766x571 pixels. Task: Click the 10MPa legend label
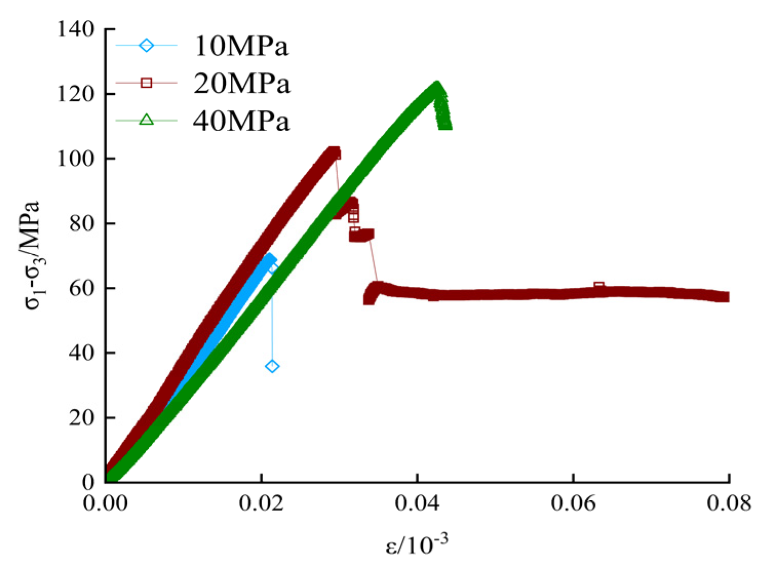pyautogui.click(x=241, y=46)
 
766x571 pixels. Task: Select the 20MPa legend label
pyautogui.click(x=241, y=83)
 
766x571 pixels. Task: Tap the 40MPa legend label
pyautogui.click(x=241, y=121)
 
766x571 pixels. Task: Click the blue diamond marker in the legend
pyautogui.click(x=147, y=46)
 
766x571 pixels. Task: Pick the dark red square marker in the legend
pyautogui.click(x=147, y=83)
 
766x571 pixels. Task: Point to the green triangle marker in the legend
pyautogui.click(x=147, y=120)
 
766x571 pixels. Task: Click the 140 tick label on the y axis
pyautogui.click(x=76, y=29)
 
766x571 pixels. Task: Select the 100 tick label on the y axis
pyautogui.click(x=76, y=159)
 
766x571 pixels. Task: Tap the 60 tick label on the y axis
pyautogui.click(x=82, y=288)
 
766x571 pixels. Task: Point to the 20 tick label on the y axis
pyautogui.click(x=82, y=418)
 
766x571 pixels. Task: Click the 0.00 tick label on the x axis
pyautogui.click(x=106, y=503)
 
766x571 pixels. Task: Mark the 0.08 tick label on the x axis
pyautogui.click(x=729, y=503)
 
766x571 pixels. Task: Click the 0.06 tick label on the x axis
pyautogui.click(x=573, y=503)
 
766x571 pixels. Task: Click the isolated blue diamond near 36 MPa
pyautogui.click(x=272, y=366)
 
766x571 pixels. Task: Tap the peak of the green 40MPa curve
pyautogui.click(x=436, y=86)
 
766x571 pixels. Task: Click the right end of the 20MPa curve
pyautogui.click(x=724, y=297)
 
